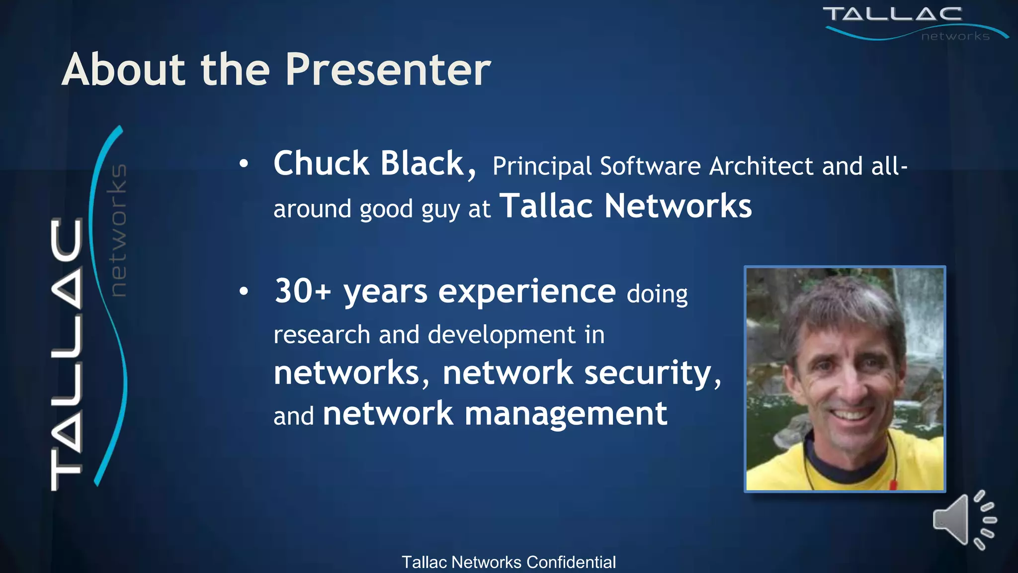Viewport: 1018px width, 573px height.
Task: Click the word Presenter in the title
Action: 388,71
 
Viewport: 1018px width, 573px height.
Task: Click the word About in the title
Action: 124,71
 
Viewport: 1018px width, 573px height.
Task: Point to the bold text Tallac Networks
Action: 625,206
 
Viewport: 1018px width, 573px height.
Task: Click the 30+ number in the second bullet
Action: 302,291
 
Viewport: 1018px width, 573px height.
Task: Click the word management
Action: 566,414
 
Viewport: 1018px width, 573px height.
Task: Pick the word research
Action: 322,335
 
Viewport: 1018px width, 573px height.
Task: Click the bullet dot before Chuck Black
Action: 243,164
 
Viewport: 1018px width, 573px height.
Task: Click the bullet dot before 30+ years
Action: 243,291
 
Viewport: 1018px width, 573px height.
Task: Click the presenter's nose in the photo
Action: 851,388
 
